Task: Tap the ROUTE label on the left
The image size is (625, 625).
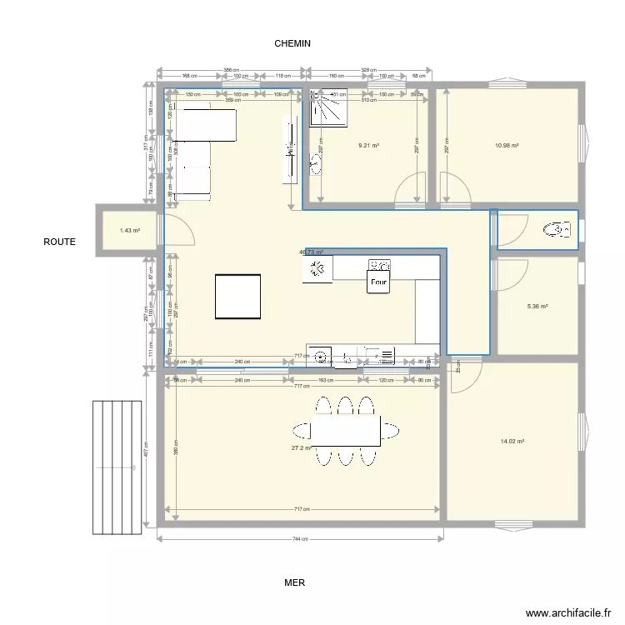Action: (x=60, y=242)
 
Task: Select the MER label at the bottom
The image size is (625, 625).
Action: (x=294, y=583)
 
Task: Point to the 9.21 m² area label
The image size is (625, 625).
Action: (x=368, y=145)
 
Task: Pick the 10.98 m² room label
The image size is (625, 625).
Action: (x=507, y=145)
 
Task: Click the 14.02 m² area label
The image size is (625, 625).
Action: (x=511, y=442)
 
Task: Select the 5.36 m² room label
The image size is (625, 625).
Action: (x=537, y=307)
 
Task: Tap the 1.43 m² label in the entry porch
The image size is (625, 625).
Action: (x=129, y=231)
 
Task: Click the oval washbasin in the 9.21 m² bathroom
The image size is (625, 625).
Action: (x=317, y=163)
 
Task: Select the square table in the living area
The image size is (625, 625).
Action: (x=237, y=296)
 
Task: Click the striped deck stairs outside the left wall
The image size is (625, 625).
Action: (x=117, y=467)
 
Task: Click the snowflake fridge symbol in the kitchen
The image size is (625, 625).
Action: (x=317, y=268)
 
